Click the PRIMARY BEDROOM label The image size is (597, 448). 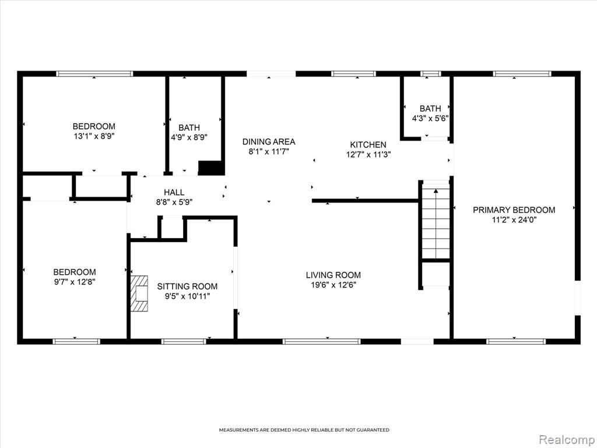pyautogui.click(x=514, y=210)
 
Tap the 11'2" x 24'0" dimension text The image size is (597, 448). pyautogui.click(x=514, y=220)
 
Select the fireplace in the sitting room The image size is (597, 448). pyautogui.click(x=139, y=293)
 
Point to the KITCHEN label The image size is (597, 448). pyautogui.click(x=368, y=145)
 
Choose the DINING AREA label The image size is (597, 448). pyautogui.click(x=269, y=142)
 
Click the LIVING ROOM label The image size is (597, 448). pyautogui.click(x=333, y=275)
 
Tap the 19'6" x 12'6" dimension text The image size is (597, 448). pyautogui.click(x=333, y=285)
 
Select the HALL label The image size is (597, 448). pyautogui.click(x=174, y=192)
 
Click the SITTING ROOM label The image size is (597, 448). pyautogui.click(x=187, y=286)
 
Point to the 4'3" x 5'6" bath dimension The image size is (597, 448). pyautogui.click(x=430, y=118)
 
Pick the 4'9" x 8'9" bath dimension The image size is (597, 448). pyautogui.click(x=189, y=138)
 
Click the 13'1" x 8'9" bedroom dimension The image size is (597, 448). pyautogui.click(x=94, y=136)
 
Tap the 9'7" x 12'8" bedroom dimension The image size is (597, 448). pyautogui.click(x=74, y=282)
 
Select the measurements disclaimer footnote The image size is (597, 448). pyautogui.click(x=304, y=430)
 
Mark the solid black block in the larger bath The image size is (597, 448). pyautogui.click(x=211, y=168)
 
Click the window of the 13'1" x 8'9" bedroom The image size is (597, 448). pyautogui.click(x=94, y=74)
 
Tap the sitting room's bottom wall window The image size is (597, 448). pyautogui.click(x=184, y=341)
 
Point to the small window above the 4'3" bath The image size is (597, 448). pyautogui.click(x=431, y=74)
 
